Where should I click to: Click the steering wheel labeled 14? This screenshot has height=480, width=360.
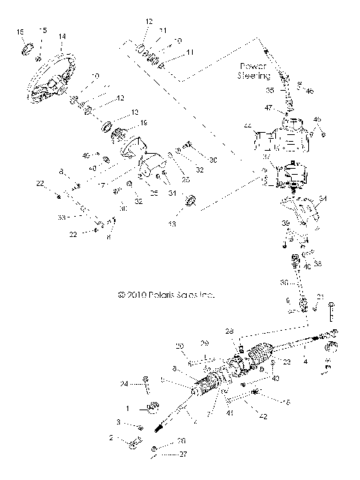[52, 75]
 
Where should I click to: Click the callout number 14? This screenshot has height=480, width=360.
[61, 36]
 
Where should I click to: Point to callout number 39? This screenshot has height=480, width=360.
[285, 224]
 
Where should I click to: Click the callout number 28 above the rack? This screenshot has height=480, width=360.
[230, 331]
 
